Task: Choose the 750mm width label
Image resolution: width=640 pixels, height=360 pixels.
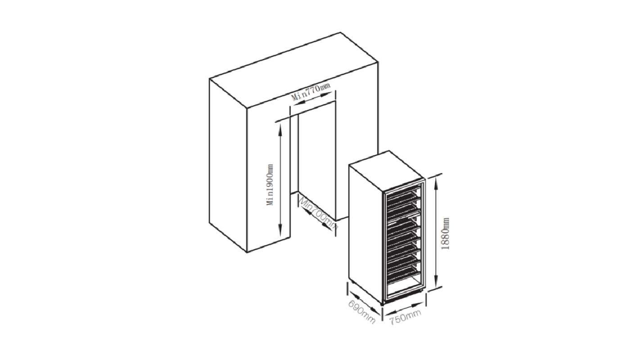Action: click(405, 318)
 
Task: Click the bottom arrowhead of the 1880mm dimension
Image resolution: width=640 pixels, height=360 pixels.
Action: click(435, 288)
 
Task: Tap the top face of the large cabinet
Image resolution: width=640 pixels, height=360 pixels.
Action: click(293, 67)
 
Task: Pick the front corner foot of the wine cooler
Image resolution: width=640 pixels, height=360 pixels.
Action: click(383, 305)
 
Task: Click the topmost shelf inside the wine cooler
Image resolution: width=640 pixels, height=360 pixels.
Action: click(404, 195)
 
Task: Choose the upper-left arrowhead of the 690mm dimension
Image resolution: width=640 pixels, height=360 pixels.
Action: click(350, 295)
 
